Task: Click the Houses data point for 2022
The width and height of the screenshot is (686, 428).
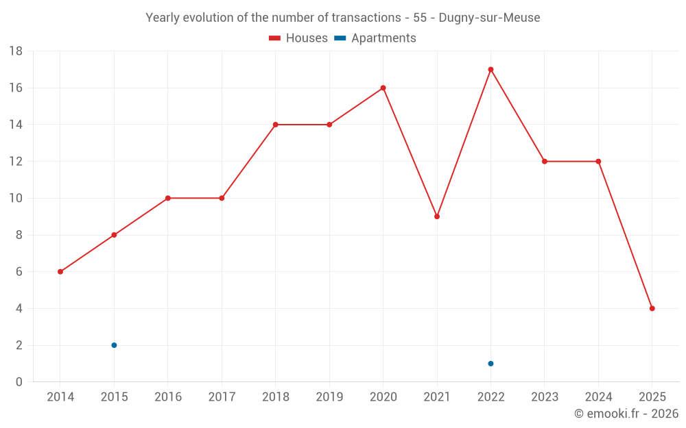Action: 490,69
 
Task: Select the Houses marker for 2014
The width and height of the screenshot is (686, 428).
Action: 60,272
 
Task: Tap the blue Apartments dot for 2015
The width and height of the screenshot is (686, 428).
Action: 114,345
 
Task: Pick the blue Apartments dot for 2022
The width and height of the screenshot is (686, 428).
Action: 490,364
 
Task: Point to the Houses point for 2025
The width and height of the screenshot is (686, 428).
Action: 652,308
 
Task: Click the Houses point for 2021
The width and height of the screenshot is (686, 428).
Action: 437,216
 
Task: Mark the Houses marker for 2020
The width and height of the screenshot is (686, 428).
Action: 383,88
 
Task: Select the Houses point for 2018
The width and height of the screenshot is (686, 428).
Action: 275,125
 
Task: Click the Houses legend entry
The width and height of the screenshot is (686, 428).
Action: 298,38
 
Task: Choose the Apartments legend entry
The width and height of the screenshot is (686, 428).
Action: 375,38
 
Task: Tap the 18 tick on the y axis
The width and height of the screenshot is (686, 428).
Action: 16,51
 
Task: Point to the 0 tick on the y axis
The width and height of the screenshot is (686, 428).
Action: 19,382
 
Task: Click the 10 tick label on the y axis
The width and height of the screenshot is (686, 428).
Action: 16,199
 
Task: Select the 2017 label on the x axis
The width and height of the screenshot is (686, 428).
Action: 222,397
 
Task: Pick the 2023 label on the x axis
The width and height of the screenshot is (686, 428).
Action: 545,397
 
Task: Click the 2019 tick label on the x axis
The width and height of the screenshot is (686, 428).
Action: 329,397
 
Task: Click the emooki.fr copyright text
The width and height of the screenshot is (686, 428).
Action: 626,414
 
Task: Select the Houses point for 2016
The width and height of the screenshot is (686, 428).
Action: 167,198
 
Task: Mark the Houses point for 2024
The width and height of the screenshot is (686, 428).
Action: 598,162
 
